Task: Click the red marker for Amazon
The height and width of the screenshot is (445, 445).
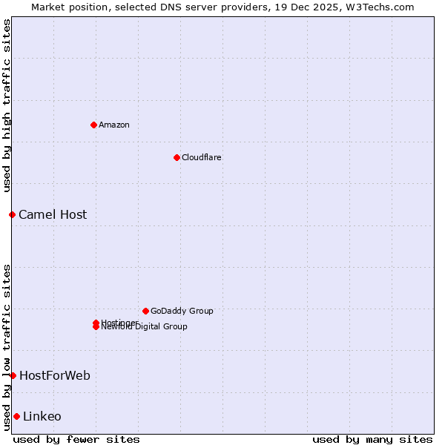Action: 93,125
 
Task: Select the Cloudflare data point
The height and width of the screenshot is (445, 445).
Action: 177,157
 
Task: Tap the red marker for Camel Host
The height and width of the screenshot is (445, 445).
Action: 12,214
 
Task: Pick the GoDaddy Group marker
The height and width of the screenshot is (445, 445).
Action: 145,311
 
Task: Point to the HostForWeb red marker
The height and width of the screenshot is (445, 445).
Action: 13,375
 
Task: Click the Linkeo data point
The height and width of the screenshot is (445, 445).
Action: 16,416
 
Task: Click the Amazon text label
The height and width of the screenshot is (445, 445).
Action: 114,125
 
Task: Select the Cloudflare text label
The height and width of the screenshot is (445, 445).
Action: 202,157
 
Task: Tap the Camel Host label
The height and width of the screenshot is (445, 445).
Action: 53,215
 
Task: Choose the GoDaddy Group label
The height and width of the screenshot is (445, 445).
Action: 182,311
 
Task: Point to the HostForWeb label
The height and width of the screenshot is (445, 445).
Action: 55,376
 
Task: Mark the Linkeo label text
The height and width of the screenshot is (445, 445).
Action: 42,417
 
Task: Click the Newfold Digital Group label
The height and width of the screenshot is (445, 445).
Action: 145,327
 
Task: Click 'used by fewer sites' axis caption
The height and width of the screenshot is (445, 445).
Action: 76,439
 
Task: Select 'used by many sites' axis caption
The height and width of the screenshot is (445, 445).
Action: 372,439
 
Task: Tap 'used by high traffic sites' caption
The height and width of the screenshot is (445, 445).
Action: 7,105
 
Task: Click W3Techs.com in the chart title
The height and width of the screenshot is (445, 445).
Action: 378,7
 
